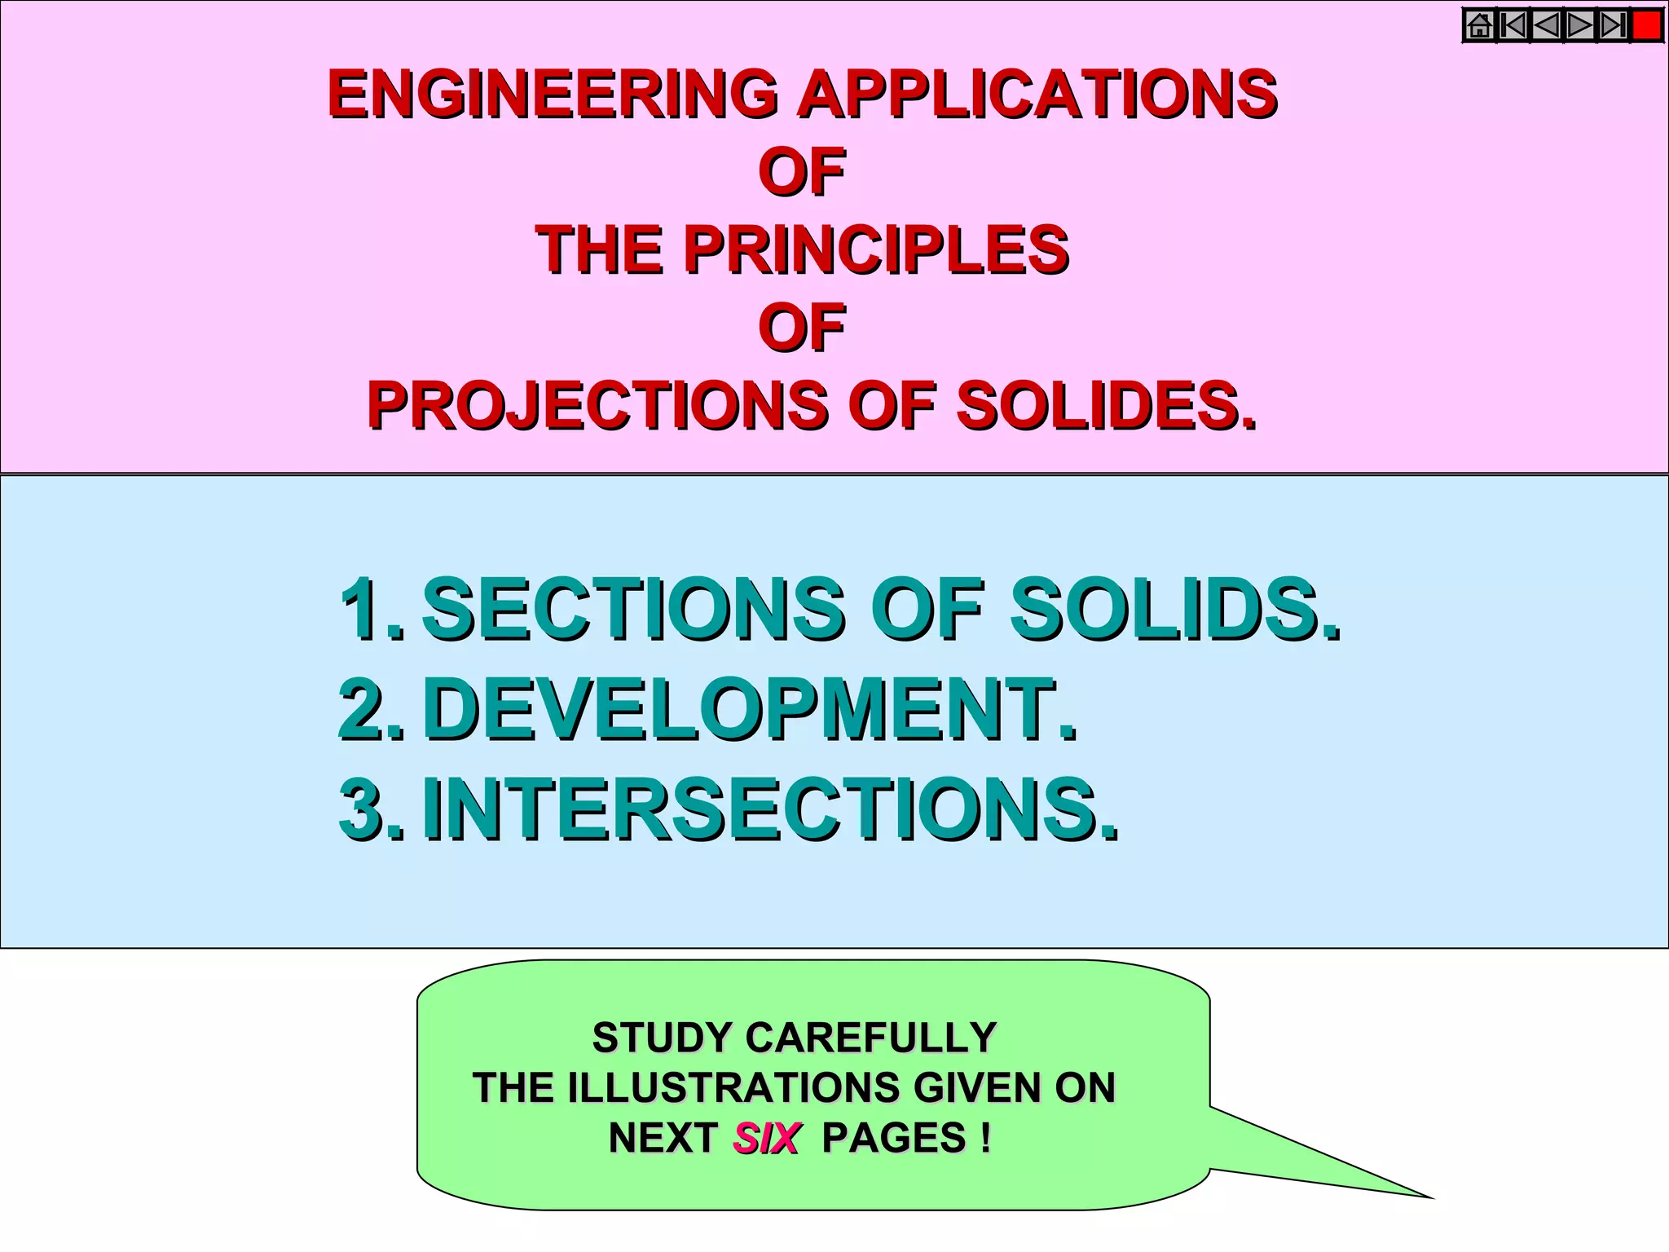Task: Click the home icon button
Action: click(1480, 26)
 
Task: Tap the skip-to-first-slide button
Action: click(1513, 26)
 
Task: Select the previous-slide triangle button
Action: click(1547, 26)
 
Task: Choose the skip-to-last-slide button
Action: click(1613, 26)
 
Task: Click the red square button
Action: click(1647, 26)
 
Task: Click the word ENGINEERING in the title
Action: click(553, 94)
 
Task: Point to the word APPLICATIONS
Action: click(1037, 94)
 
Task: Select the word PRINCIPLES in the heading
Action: click(876, 249)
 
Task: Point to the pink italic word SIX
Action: click(766, 1138)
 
